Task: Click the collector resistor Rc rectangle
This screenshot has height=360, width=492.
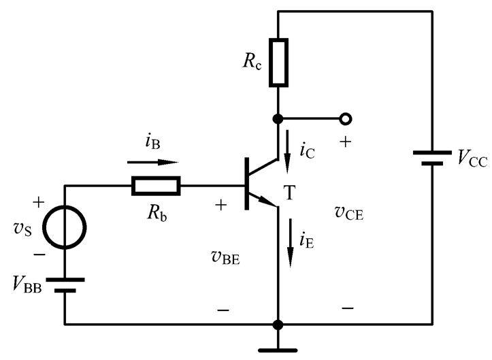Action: coord(278,63)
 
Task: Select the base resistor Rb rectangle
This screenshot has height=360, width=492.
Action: coord(156,186)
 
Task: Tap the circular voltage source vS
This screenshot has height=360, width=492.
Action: coord(65,227)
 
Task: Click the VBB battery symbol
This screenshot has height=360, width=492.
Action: coord(65,285)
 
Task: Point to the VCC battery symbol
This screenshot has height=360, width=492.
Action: coord(432,158)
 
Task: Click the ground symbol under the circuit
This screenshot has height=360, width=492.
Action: coord(278,350)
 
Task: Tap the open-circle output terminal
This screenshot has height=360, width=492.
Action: coord(346,119)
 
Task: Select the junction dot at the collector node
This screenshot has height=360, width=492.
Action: coord(278,119)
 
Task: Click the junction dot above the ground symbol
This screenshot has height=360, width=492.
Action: coord(278,325)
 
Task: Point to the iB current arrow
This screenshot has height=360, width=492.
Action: coord(153,162)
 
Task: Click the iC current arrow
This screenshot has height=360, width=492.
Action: coord(287,152)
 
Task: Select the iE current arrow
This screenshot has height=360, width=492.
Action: coord(291,243)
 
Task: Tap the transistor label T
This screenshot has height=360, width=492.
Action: coord(289,193)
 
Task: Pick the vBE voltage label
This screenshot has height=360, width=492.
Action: coord(226,257)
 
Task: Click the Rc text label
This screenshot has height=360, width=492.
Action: coord(252,61)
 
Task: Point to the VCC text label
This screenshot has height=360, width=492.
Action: coord(472,158)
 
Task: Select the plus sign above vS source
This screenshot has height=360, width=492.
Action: coord(39,202)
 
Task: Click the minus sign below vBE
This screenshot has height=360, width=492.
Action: coord(223,310)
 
